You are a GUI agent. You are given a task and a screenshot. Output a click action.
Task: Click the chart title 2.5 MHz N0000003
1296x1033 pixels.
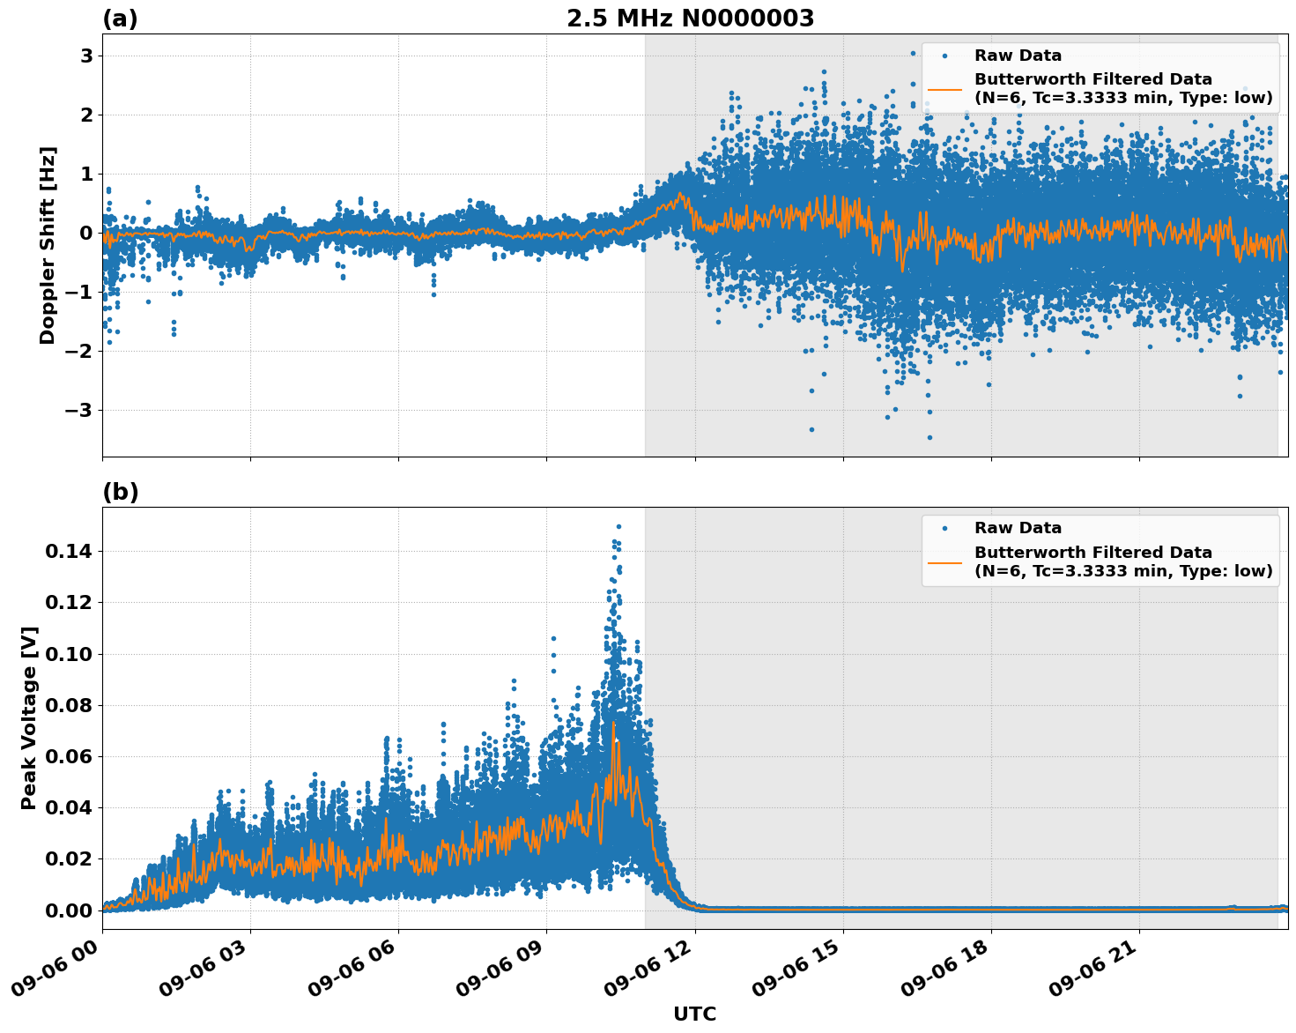[690, 19]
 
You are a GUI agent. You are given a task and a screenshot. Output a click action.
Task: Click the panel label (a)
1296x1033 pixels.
[120, 19]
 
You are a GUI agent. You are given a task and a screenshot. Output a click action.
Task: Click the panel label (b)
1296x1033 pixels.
[120, 492]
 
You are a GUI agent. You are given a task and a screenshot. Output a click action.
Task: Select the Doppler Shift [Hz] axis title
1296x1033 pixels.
[48, 245]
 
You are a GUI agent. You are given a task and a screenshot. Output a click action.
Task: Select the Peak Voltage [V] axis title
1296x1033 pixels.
[29, 717]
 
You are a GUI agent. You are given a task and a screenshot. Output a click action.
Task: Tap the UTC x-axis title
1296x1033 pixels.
[694, 1014]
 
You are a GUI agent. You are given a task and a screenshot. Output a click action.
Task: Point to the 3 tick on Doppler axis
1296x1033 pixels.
[86, 56]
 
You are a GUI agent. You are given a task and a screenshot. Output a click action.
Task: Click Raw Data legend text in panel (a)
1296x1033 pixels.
[1018, 56]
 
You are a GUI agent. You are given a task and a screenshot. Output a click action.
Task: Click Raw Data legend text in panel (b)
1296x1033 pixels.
[1018, 528]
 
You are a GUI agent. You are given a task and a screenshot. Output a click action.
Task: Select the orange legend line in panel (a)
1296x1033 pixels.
[944, 89]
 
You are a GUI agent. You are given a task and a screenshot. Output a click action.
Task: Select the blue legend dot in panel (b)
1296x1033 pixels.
[944, 528]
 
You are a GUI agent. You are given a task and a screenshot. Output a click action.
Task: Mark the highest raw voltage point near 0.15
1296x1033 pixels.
[618, 526]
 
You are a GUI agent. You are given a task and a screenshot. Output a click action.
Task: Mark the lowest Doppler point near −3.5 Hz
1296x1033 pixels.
[929, 437]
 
